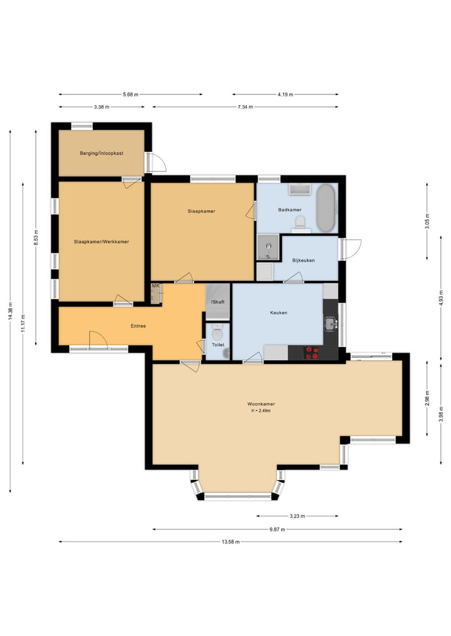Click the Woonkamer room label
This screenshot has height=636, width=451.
[261, 404]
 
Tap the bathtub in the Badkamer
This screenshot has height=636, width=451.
[327, 208]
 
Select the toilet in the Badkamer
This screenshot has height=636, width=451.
[300, 221]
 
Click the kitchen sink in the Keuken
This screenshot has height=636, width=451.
[331, 324]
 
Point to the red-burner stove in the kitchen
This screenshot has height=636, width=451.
[312, 353]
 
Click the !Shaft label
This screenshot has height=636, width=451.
[218, 302]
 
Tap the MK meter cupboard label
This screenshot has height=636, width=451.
[155, 286]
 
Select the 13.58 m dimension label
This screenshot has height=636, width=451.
[231, 542]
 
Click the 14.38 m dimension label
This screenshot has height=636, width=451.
[10, 311]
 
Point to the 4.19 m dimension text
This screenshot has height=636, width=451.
[285, 94]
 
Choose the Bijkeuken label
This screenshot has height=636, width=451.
[304, 260]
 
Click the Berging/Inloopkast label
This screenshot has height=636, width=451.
[101, 153]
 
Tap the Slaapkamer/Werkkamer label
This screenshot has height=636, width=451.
[101, 242]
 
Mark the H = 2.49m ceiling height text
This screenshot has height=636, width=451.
[261, 411]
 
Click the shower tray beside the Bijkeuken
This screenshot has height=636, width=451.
[267, 247]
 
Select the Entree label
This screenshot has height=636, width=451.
[138, 326]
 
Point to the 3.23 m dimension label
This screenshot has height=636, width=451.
[297, 517]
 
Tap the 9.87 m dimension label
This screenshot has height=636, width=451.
[277, 529]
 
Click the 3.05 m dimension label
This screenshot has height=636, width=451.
[427, 221]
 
